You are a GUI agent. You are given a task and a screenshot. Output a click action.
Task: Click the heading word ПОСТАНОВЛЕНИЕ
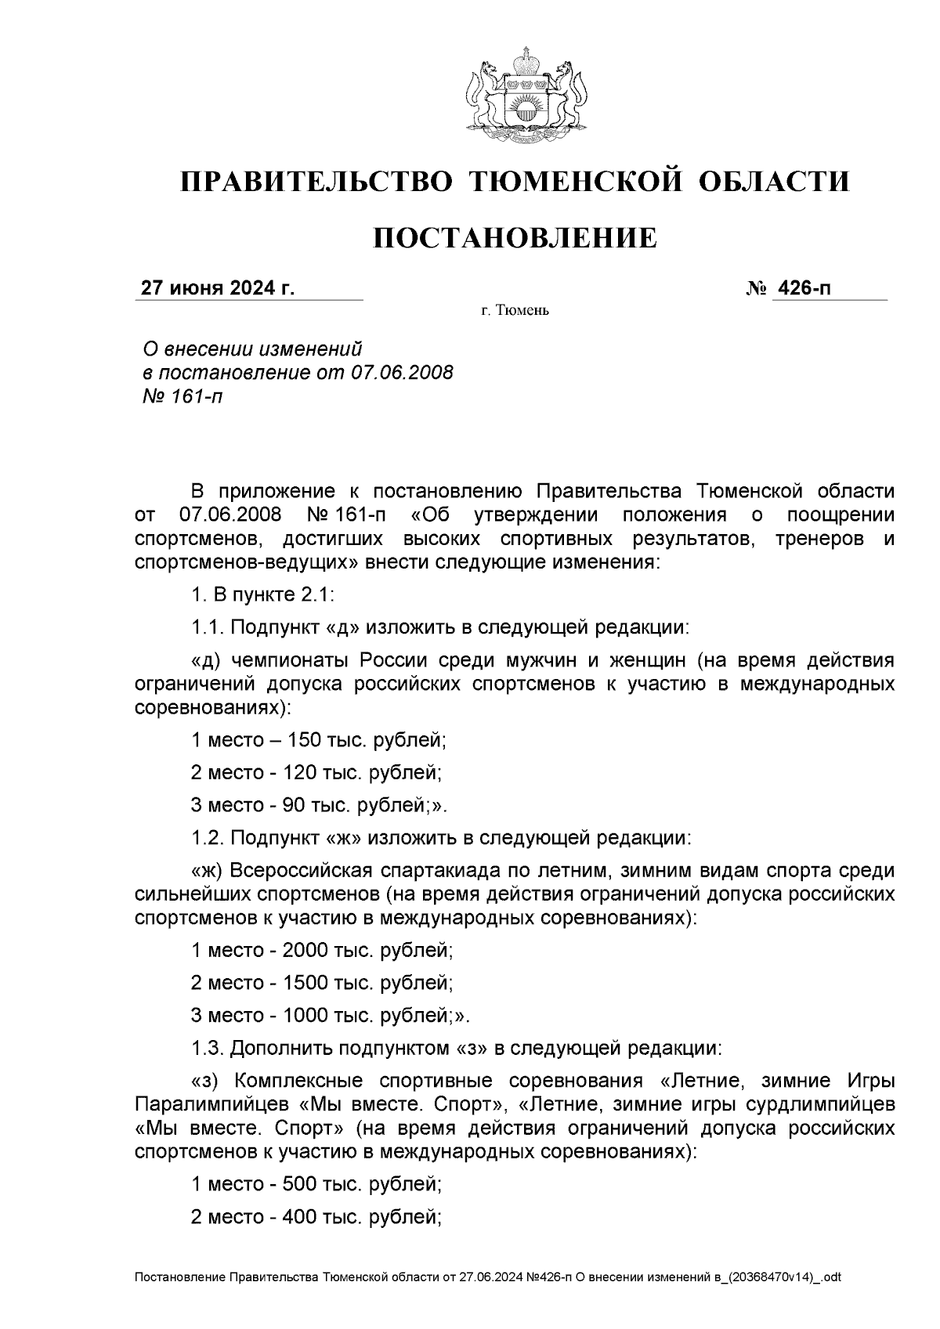(514, 237)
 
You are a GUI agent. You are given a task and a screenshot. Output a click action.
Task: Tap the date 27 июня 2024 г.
(217, 289)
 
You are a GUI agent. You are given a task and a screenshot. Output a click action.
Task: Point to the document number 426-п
(802, 289)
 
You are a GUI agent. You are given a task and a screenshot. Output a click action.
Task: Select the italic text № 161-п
(180, 396)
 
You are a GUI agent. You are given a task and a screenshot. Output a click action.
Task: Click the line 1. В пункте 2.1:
(263, 594)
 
